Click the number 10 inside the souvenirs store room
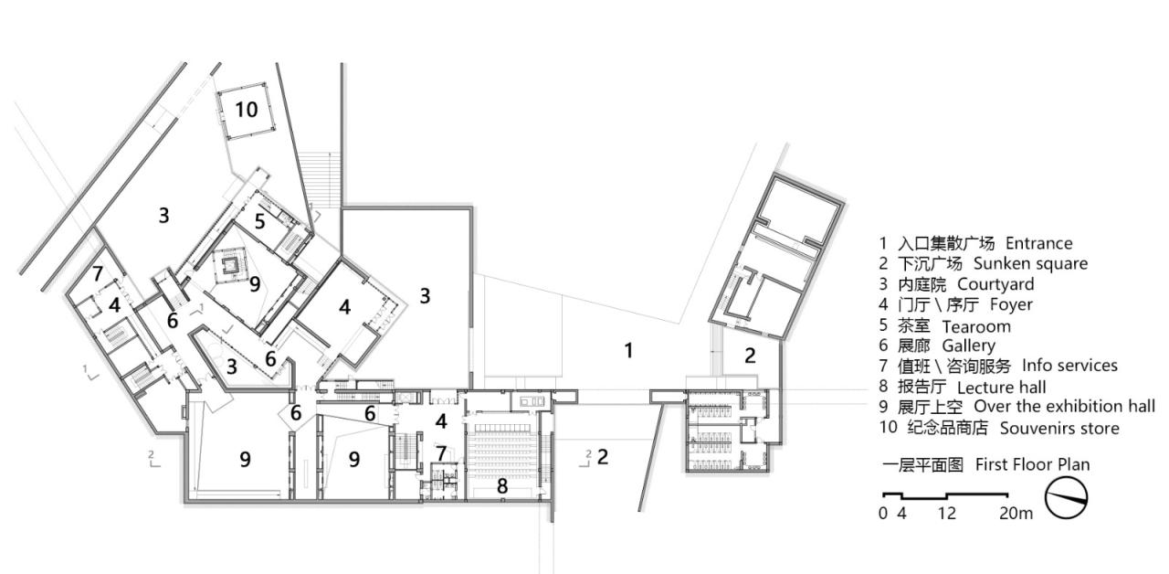(246, 110)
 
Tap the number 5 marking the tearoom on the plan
(260, 221)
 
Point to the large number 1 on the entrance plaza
(628, 350)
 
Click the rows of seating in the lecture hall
(502, 448)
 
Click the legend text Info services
(1069, 366)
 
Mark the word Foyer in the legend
(1011, 304)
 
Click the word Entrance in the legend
(1038, 243)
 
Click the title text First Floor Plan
(1032, 464)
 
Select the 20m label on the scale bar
(1016, 514)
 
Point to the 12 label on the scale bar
(946, 514)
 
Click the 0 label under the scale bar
(883, 514)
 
